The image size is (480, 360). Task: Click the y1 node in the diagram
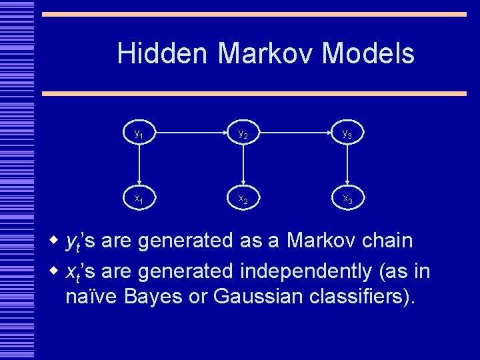pos(139,134)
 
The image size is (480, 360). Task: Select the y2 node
pos(243,134)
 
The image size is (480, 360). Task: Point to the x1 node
pos(139,199)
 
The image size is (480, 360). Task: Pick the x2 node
pos(243,199)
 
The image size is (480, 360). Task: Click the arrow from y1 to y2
pos(191,134)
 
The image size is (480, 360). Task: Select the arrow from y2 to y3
pos(295,134)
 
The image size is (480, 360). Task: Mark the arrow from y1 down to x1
pos(139,167)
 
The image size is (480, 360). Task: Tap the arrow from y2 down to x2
pos(243,167)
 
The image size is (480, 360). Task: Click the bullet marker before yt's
pos(56,241)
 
